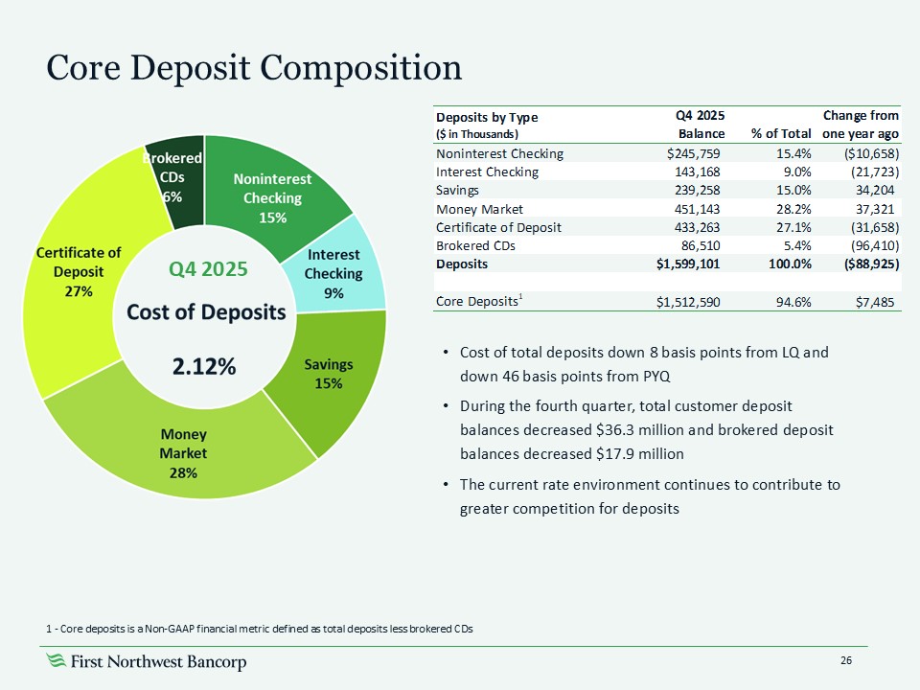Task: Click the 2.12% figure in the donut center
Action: point(204,365)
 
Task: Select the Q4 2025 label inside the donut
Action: point(208,269)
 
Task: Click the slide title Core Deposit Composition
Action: point(254,67)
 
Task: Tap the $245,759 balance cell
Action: point(694,152)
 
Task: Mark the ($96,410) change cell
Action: point(864,244)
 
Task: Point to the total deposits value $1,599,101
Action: point(688,263)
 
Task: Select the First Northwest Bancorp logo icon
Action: point(57,661)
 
